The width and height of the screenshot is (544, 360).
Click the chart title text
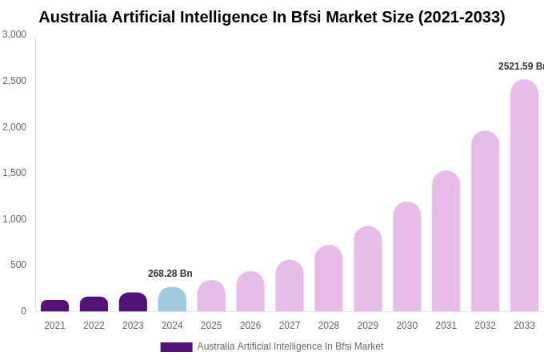click(x=272, y=17)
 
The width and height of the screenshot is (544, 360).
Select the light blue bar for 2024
click(x=172, y=300)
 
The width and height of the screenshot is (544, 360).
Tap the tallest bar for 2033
click(x=524, y=196)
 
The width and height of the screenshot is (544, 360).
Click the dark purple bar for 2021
click(x=54, y=306)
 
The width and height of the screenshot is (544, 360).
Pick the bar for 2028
click(x=328, y=278)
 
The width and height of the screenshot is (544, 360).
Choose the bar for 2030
click(x=406, y=257)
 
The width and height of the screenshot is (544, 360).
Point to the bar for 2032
click(x=485, y=222)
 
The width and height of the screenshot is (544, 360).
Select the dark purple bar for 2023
click(x=133, y=302)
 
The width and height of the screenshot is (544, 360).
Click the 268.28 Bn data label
click(x=170, y=274)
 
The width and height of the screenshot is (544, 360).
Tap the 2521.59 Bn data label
click(x=521, y=66)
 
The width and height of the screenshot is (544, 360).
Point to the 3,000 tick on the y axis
click(x=14, y=34)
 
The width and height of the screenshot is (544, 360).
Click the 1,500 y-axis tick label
click(x=14, y=173)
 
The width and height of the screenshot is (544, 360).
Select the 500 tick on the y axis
click(x=18, y=265)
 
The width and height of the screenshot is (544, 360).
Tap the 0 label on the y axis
click(x=23, y=311)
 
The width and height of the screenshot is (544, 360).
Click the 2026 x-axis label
click(x=250, y=326)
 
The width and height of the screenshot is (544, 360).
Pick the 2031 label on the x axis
click(x=446, y=326)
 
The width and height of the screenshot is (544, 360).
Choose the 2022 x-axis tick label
click(x=94, y=326)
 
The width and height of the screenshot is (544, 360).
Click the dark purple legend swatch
click(x=176, y=347)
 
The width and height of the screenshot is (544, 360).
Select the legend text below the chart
click(x=290, y=346)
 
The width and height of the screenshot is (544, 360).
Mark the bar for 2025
click(x=211, y=296)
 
